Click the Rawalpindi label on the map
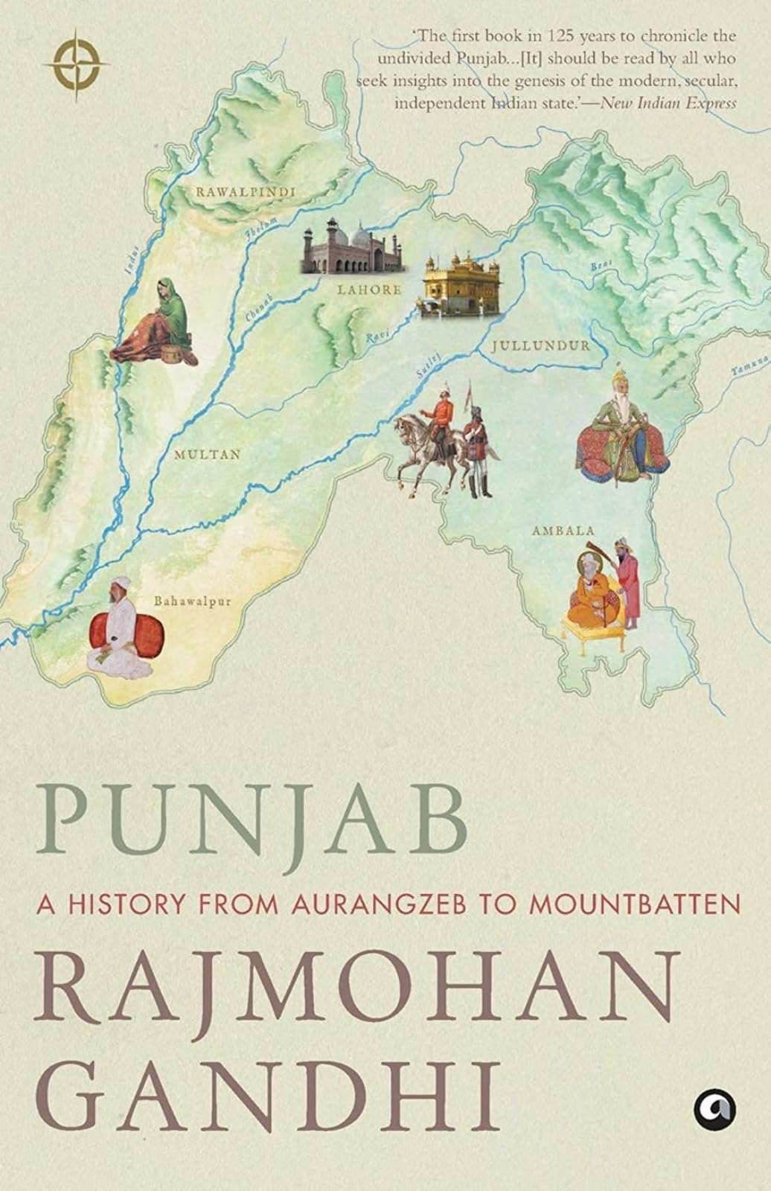point(245,192)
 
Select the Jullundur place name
point(540,345)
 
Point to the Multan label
point(207,453)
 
